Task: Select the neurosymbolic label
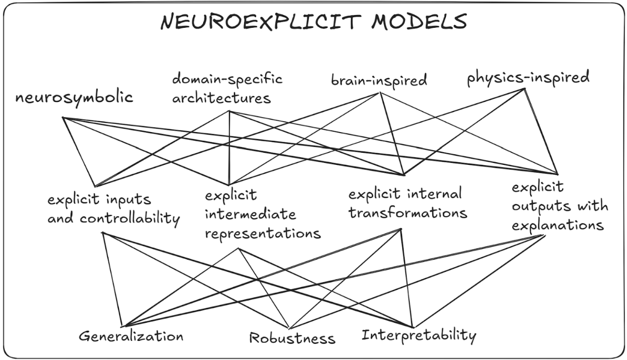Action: (74, 97)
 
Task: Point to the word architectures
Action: (221, 97)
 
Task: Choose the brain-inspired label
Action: (379, 80)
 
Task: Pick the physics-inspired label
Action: (528, 79)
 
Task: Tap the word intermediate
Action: (251, 214)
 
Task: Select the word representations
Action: (263, 234)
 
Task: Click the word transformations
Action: (408, 212)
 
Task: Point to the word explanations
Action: (557, 225)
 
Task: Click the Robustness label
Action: (292, 337)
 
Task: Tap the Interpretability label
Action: (418, 335)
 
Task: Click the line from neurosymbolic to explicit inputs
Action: (79, 152)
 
